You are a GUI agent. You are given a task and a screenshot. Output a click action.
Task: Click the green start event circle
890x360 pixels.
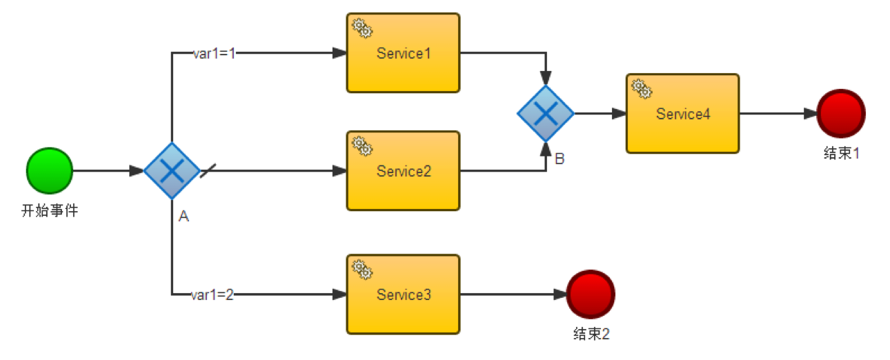(x=50, y=170)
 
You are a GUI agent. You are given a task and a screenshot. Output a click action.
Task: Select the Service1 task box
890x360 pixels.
(x=403, y=53)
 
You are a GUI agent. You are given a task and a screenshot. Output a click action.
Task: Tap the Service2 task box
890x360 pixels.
(x=403, y=171)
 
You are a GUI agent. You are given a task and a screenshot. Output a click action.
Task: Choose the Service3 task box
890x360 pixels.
(x=403, y=294)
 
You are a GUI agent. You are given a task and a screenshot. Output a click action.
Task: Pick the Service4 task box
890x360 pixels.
(x=682, y=114)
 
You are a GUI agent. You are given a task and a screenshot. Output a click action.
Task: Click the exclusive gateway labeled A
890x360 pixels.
(x=171, y=171)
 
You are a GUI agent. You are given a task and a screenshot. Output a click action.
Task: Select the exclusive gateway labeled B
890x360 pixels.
(x=546, y=114)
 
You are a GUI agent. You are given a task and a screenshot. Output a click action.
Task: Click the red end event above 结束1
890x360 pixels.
(x=840, y=114)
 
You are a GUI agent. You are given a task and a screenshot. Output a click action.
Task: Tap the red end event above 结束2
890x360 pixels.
(x=591, y=294)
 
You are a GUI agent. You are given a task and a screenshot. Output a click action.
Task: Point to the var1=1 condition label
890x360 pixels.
(x=215, y=54)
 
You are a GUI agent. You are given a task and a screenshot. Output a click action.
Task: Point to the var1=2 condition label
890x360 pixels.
(x=212, y=295)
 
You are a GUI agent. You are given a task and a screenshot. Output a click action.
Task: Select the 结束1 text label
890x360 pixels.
(x=841, y=154)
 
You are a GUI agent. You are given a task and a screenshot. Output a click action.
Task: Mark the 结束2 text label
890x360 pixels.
(x=591, y=334)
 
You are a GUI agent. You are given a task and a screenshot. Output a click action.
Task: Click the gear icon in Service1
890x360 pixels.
(x=362, y=28)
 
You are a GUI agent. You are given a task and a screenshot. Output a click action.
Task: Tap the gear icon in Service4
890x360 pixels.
(x=642, y=88)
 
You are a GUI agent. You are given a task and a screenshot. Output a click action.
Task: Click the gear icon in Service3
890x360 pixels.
(x=362, y=270)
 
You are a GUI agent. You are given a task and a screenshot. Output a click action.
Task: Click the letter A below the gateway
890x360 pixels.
(x=184, y=217)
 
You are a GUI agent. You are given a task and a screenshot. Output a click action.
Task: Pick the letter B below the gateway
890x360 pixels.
(x=560, y=159)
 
